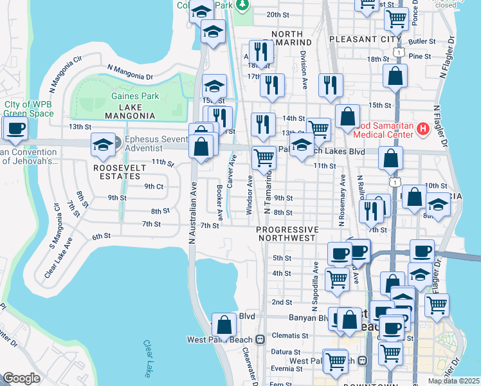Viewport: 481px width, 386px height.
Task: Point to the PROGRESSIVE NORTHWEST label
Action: coord(287,234)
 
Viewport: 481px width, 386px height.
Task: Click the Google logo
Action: coord(21,378)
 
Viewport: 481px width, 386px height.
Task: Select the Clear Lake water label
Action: coord(149,358)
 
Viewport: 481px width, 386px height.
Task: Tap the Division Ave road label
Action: coord(303,64)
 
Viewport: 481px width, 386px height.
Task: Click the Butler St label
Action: coord(421,41)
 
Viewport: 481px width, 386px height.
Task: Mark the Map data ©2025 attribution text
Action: coord(454,381)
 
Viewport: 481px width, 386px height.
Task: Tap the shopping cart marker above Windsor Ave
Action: coord(264,157)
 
